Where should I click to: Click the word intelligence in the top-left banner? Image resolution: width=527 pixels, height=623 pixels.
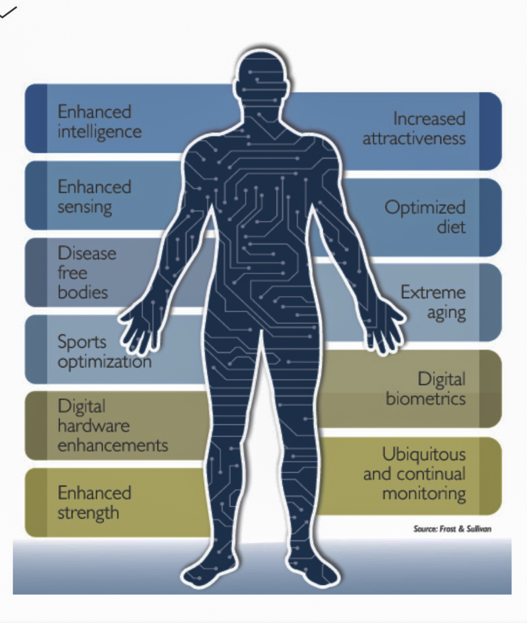click(x=100, y=132)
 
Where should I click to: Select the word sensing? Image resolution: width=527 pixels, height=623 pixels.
click(x=85, y=207)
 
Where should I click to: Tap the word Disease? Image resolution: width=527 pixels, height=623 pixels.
click(x=87, y=253)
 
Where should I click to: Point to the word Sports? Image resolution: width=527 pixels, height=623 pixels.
click(x=82, y=342)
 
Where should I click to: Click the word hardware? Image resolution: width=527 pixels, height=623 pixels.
click(x=93, y=426)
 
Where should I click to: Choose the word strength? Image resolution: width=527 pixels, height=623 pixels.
click(x=88, y=513)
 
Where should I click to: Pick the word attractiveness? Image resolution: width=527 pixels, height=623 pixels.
click(x=414, y=138)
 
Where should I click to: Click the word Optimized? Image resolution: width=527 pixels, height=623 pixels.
click(x=425, y=208)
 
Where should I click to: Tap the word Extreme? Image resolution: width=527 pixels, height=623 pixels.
click(x=433, y=292)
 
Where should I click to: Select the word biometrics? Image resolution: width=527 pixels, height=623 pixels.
click(x=426, y=399)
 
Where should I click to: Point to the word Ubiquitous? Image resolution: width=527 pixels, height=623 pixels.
click(x=424, y=454)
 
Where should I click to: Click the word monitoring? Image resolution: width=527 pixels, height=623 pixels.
click(x=424, y=493)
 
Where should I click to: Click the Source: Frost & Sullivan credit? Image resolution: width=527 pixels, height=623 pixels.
click(x=452, y=529)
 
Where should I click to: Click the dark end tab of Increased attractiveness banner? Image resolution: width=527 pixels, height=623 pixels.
click(x=490, y=131)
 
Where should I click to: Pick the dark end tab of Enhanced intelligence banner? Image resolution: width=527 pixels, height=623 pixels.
click(x=36, y=119)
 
